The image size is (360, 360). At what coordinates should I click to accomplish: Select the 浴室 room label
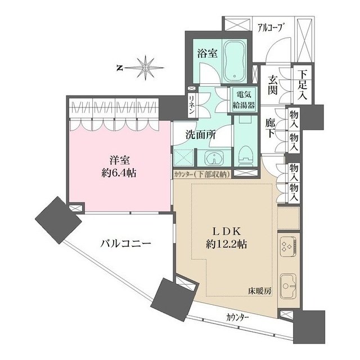[207, 54]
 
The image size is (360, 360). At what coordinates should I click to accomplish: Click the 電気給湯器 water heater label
[244, 100]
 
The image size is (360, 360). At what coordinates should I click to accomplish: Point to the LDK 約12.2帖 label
[227, 238]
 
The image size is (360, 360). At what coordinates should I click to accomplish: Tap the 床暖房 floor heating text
[260, 291]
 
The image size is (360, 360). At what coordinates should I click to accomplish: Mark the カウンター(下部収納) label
[202, 174]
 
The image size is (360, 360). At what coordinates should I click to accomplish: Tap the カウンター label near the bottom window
[235, 318]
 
